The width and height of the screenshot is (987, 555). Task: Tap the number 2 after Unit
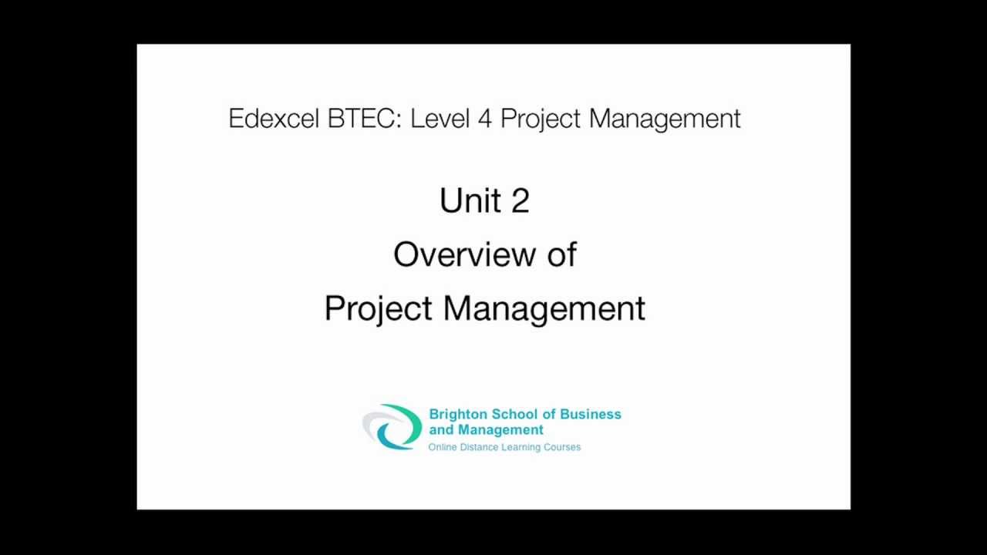519,201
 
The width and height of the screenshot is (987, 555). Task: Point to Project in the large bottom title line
378,308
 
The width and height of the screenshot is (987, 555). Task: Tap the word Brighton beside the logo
460,414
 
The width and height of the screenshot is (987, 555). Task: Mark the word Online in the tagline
442,447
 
